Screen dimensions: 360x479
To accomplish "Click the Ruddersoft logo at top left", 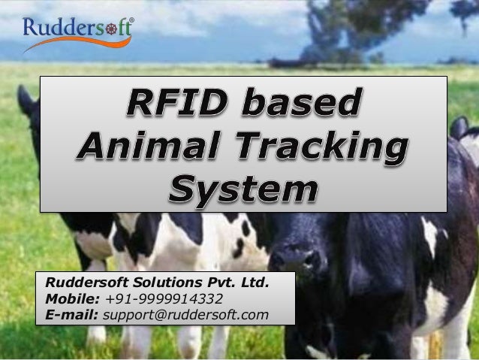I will pyautogui.click(x=78, y=32).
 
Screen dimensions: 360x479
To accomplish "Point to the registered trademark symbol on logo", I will pyautogui.click(x=132, y=20).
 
